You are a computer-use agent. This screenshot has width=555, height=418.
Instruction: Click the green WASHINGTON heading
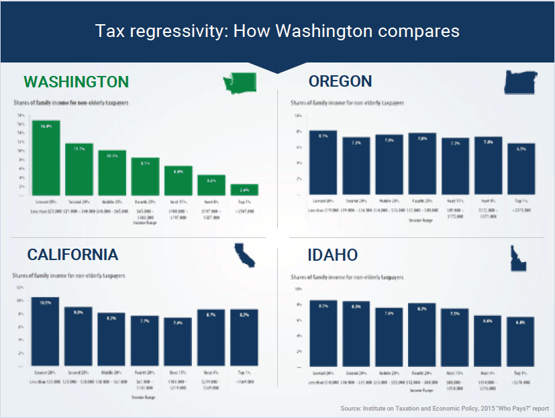[76, 82]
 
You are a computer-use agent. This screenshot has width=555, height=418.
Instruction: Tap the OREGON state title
[340, 82]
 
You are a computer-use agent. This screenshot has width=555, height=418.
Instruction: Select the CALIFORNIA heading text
[72, 255]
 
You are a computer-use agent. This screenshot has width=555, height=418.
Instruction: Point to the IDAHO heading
[333, 255]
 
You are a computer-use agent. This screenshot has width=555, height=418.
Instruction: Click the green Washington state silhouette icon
[240, 82]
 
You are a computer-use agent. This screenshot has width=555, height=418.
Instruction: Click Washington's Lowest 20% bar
[46, 157]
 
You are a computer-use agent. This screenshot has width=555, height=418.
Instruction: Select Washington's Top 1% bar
[244, 189]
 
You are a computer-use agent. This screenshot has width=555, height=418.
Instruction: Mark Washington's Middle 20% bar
[112, 173]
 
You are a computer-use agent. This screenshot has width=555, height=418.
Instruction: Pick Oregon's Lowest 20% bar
[323, 162]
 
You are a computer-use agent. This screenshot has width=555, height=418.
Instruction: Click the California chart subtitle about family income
[60, 276]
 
